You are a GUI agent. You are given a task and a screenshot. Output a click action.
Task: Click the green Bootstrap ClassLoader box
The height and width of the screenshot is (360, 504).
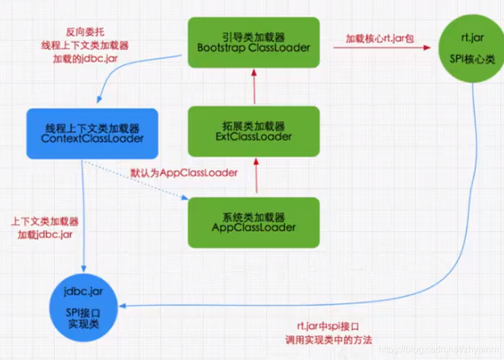coord(253,42)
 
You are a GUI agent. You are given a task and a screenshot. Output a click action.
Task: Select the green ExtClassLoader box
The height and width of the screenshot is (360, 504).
coord(253,131)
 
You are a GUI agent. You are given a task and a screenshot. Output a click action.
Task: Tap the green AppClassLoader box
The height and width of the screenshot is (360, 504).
coord(253,222)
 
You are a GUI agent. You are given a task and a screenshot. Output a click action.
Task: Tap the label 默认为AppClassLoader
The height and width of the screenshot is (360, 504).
coord(184,173)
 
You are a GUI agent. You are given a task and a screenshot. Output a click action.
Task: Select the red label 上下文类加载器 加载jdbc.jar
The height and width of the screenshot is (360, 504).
coord(45,229)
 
